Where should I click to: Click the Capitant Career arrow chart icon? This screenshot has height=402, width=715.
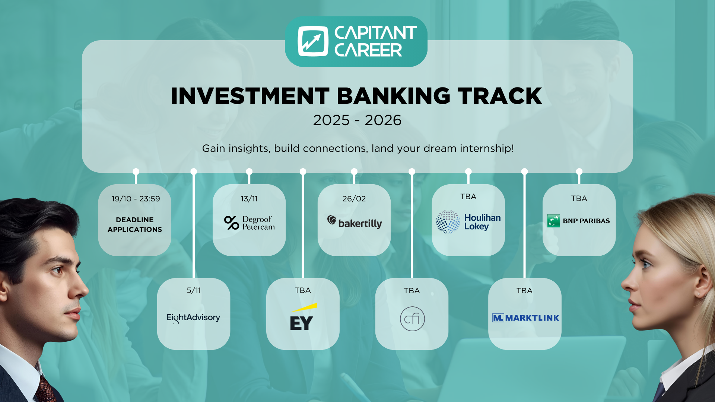[313, 41]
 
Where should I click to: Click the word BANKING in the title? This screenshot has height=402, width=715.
[394, 96]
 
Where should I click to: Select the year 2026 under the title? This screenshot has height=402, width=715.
[383, 120]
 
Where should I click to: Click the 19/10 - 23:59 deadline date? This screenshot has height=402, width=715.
[136, 199]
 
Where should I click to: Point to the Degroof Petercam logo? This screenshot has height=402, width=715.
[250, 223]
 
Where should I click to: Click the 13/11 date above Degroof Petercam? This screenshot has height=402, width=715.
[249, 199]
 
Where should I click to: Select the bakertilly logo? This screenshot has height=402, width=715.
[355, 222]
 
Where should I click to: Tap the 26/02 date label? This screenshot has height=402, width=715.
[354, 199]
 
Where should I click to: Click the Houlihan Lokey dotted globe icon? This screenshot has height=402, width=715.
[448, 222]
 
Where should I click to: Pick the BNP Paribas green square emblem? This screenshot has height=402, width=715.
[553, 221]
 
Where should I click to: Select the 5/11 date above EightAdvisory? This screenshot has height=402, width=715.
[194, 290]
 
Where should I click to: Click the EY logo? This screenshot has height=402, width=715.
[302, 317]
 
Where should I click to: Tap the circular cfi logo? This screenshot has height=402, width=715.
[412, 319]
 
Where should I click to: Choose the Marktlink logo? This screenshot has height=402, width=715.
[525, 318]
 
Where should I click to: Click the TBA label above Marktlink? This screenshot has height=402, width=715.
[524, 291]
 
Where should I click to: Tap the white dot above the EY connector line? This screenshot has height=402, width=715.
[303, 172]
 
